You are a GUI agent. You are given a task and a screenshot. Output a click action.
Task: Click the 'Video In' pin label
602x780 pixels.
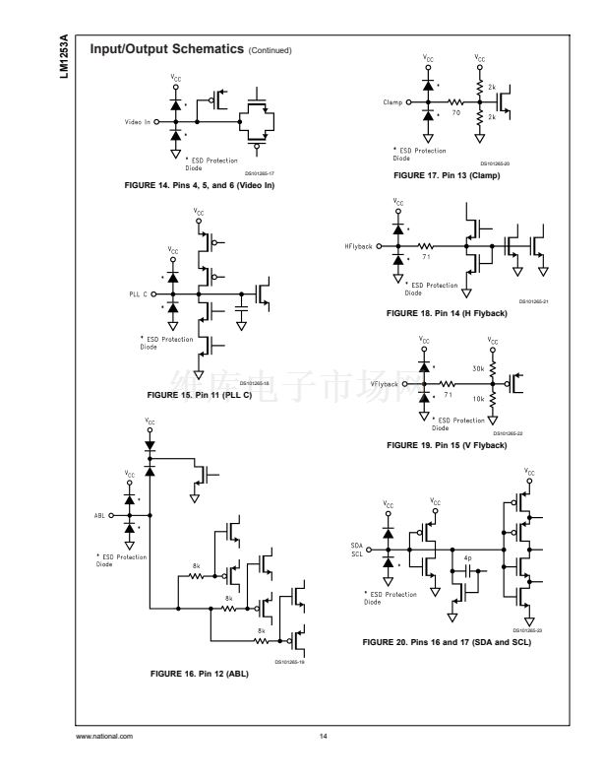tap(137, 123)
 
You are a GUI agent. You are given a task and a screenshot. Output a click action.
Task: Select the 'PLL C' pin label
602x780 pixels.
tap(137, 294)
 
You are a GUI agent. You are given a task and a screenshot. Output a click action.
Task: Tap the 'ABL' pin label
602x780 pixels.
tap(100, 515)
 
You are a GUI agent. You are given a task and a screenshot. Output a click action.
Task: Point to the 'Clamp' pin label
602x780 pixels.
tap(393, 102)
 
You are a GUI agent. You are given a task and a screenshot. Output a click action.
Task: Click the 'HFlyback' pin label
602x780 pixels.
tap(359, 246)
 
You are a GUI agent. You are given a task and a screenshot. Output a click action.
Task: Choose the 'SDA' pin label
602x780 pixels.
tap(357, 545)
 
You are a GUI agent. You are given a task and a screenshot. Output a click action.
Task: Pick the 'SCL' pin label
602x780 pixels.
tap(357, 553)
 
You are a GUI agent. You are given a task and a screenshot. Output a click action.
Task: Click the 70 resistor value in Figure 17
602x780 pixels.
tap(456, 112)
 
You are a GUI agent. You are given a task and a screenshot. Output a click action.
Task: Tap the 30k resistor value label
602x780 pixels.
tap(478, 369)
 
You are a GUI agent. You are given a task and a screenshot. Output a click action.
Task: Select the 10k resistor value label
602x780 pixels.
tap(478, 399)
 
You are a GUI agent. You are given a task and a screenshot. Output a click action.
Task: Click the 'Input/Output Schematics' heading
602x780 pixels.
tap(166, 49)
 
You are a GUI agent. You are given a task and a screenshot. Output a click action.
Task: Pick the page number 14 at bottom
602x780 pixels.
tap(323, 736)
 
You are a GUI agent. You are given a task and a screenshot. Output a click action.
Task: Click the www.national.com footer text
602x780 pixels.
tap(104, 736)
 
